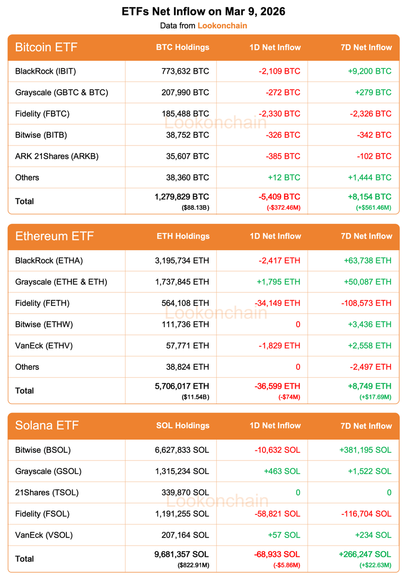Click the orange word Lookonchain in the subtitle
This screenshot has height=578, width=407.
[222, 26]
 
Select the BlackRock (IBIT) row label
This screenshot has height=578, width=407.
[46, 71]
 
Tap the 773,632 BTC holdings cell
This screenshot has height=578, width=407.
[185, 71]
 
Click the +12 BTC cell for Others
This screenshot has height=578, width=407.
[284, 177]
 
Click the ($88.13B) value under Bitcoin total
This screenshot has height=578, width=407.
[195, 207]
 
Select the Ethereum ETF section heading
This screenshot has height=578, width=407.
[54, 236]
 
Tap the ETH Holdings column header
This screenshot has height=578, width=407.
[183, 236]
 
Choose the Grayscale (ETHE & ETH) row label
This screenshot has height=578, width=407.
[61, 282]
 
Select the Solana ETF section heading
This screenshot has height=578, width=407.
[47, 425]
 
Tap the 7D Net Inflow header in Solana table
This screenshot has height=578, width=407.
[366, 426]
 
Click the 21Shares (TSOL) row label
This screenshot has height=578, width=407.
[47, 492]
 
